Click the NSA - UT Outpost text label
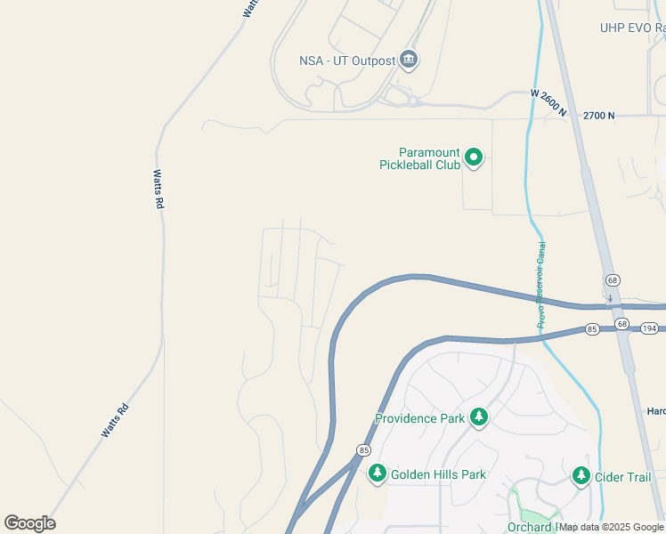pyautogui.click(x=347, y=61)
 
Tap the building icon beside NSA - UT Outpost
pyautogui.click(x=409, y=61)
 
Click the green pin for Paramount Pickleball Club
pyautogui.click(x=475, y=158)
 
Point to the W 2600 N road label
pyautogui.click(x=548, y=102)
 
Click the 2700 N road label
pyautogui.click(x=599, y=116)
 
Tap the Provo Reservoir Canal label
pyautogui.click(x=540, y=285)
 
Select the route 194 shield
pyautogui.click(x=650, y=329)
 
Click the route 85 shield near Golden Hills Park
pyautogui.click(x=363, y=450)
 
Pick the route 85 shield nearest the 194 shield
pyautogui.click(x=593, y=329)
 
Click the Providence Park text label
pyautogui.click(x=419, y=418)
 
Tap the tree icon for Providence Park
pyautogui.click(x=479, y=417)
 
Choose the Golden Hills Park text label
pyautogui.click(x=437, y=474)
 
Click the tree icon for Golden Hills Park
pyautogui.click(x=378, y=473)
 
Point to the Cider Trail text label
pyautogui.click(x=625, y=477)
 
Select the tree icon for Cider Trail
pyautogui.click(x=581, y=476)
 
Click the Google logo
pyautogui.click(x=29, y=522)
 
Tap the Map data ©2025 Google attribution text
pyautogui.click(x=611, y=527)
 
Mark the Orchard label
pyautogui.click(x=530, y=527)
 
